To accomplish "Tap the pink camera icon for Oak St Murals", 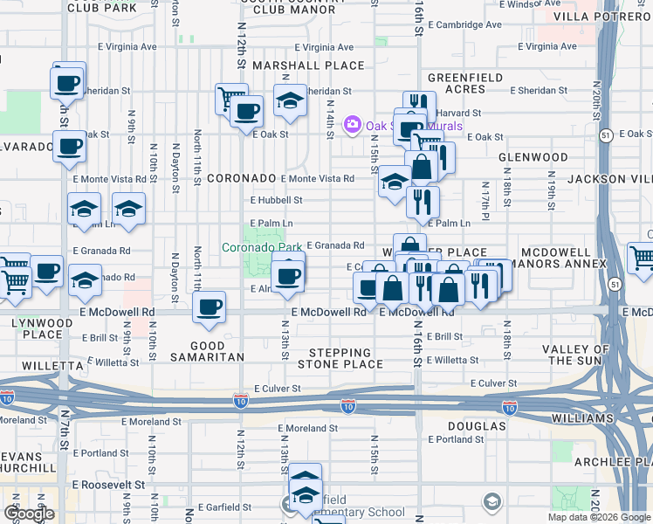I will pos(353,125).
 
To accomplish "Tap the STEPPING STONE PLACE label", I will pos(346,358).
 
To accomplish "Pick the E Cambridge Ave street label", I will pos(470,26).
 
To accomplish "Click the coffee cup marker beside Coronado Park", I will pos(287,277).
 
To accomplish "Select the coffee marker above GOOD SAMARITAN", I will pos(209,307).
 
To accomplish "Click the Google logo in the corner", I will pos(29,513).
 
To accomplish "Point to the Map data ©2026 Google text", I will pos(598,517).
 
